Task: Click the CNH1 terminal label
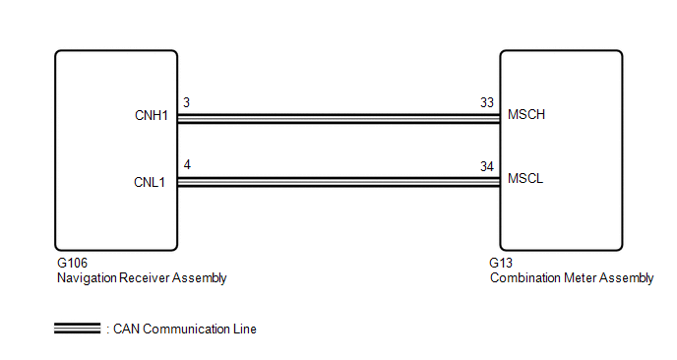[152, 116]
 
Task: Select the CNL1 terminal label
[150, 182]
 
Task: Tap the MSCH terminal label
[526, 114]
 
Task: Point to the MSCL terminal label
[525, 178]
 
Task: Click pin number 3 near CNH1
[187, 102]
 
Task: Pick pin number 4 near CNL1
[187, 165]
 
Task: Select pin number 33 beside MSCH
[487, 102]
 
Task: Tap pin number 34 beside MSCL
[487, 166]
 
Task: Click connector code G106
[72, 263]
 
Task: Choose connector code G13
[501, 263]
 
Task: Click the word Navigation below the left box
[87, 278]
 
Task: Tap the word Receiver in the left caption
[145, 278]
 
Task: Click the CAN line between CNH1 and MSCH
[338, 119]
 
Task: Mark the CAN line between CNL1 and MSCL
[338, 182]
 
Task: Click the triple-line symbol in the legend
[78, 329]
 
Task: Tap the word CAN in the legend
[127, 329]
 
